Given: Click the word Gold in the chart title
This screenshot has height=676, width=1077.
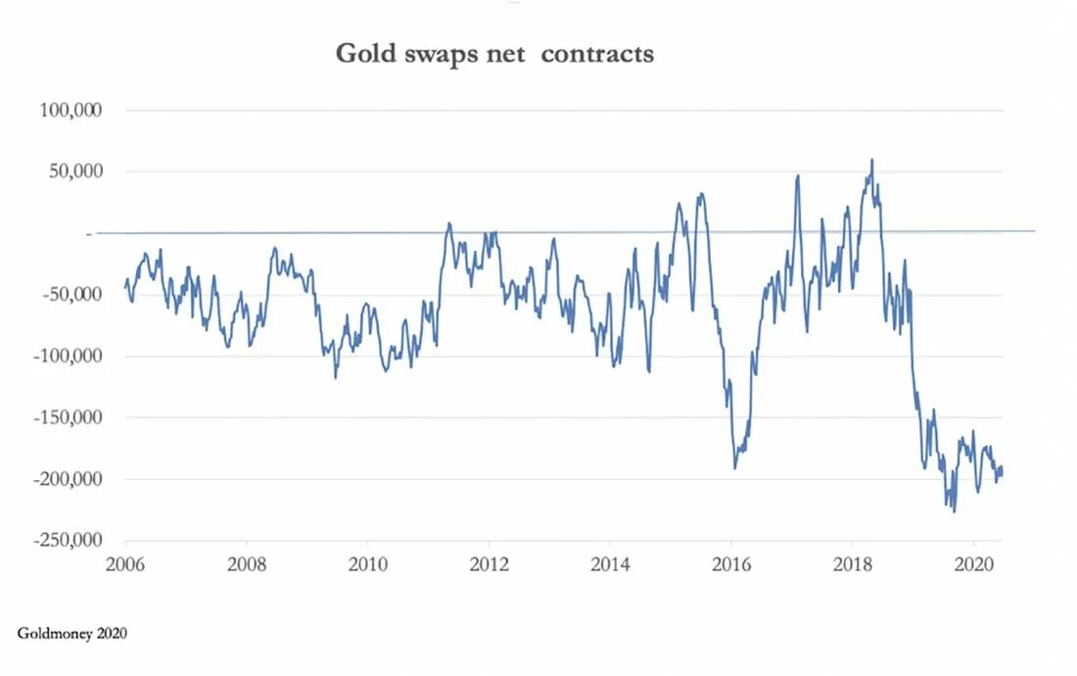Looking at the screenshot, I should (x=364, y=53).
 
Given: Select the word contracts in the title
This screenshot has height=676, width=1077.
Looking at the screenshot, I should (x=597, y=53).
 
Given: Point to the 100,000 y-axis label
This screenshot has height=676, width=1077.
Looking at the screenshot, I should (x=71, y=110).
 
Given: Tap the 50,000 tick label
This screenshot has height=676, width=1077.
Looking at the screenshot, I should (x=75, y=171).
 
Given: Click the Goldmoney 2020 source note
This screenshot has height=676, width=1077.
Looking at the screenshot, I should (x=71, y=634).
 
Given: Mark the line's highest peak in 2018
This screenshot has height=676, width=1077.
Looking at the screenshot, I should (x=872, y=160).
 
